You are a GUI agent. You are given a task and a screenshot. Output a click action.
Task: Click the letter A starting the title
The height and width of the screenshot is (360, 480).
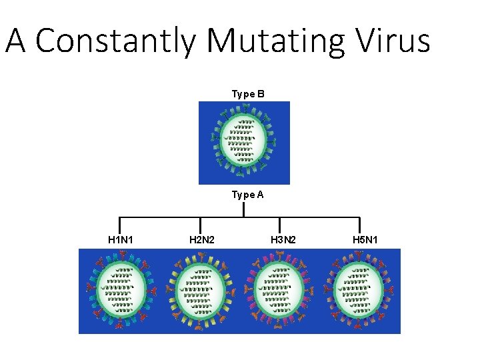pos(17,41)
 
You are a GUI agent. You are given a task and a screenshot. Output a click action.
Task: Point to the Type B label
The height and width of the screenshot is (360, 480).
pos(248,94)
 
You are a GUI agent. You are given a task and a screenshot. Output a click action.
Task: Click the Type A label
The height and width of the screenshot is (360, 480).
pos(248,195)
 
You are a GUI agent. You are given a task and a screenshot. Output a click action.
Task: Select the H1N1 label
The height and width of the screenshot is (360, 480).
pos(121,239)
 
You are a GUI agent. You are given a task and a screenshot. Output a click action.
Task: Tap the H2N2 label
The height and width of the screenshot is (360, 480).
pos(201,239)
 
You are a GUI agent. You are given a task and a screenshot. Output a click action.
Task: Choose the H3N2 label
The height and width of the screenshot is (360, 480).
pos(283,239)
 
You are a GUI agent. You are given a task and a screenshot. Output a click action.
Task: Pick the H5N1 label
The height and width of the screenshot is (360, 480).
pos(364,239)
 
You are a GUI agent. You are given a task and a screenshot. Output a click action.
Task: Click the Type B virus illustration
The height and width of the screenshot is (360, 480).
pos(244,141)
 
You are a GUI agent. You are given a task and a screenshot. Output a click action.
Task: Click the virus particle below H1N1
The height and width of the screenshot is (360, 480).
pos(121,291)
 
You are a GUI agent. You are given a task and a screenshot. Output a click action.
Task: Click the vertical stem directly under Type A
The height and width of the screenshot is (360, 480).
pos(244,209)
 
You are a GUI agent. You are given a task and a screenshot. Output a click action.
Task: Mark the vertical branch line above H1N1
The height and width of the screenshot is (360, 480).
pos(120,225)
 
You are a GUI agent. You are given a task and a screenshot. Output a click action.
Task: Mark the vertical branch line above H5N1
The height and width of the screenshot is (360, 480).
pos(360,225)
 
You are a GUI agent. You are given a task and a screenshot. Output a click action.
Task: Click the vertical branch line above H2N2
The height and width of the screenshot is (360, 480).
pos(201,225)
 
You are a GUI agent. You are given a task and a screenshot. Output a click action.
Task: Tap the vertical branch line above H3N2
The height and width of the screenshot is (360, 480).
pos(279,225)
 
